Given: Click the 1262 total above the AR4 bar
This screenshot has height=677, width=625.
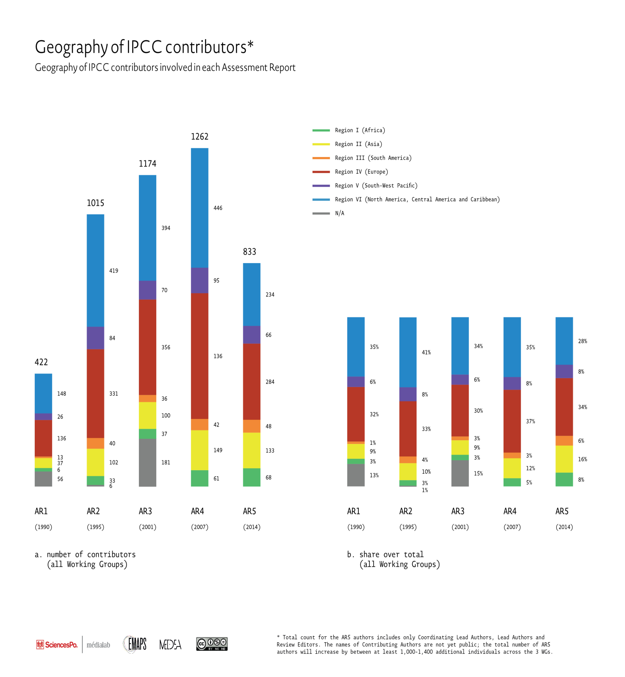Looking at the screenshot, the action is pos(200,137).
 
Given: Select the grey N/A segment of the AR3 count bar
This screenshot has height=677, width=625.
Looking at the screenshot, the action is pos(147,463).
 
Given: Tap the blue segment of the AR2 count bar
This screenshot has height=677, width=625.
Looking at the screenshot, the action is pos(96,270).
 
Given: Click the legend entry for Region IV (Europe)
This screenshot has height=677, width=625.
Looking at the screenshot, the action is pos(350,172).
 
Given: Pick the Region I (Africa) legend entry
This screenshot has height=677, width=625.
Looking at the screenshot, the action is pos(349,130).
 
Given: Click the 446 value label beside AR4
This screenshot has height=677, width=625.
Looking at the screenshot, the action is pos(218,208).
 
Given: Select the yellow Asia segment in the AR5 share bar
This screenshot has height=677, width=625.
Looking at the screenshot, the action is pos(564,459).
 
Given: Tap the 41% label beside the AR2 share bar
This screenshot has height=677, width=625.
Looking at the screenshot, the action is pos(426,352).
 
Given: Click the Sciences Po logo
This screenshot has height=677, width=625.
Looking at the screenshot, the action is pos(57,645).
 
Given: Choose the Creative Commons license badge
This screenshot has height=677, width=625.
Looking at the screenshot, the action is pos(212,644).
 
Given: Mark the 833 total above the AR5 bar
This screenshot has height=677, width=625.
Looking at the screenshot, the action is pos(250,252).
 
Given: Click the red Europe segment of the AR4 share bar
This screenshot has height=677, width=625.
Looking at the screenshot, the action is pos(512,421).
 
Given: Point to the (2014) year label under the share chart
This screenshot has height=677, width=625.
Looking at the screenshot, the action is pos(564,527).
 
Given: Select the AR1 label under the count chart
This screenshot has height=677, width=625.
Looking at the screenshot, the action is pos(41,511).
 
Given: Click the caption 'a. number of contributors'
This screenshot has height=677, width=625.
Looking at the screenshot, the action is pos(85,554).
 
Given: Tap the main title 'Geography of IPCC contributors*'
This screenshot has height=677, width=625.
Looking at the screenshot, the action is pos(144,48).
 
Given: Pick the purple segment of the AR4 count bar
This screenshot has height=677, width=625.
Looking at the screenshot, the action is pos(200,281).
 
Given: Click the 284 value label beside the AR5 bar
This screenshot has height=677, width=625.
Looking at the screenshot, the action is pos(270,382).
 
